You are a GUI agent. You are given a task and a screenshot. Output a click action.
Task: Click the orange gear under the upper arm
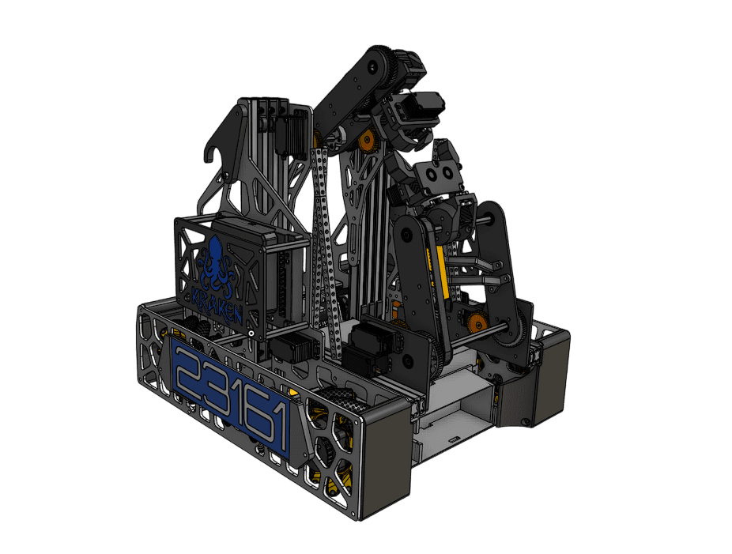pos(366,139)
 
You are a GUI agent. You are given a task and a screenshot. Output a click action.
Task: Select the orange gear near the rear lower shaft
pos(477,322)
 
